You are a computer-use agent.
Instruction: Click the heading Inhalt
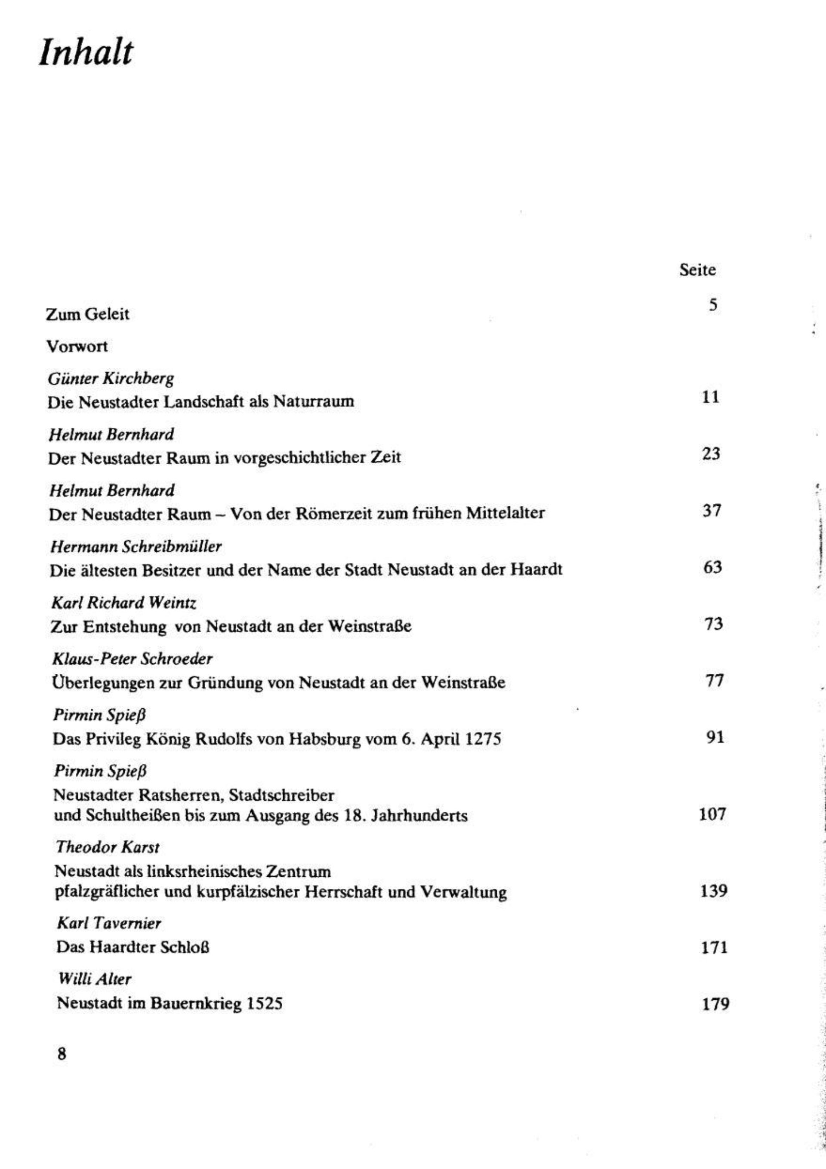(86, 52)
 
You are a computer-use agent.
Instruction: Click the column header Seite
(697, 270)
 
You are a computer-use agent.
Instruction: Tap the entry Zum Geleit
(88, 314)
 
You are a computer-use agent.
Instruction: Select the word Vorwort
(77, 347)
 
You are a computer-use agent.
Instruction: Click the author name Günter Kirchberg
(111, 379)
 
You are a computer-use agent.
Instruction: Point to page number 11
(710, 397)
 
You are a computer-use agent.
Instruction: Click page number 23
(711, 453)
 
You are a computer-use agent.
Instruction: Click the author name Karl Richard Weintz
(124, 603)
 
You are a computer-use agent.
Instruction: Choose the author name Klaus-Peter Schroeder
(133, 659)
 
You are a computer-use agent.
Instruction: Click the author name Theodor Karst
(108, 847)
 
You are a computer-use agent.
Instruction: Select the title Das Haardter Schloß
(133, 947)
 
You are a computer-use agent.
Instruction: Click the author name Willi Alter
(94, 979)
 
